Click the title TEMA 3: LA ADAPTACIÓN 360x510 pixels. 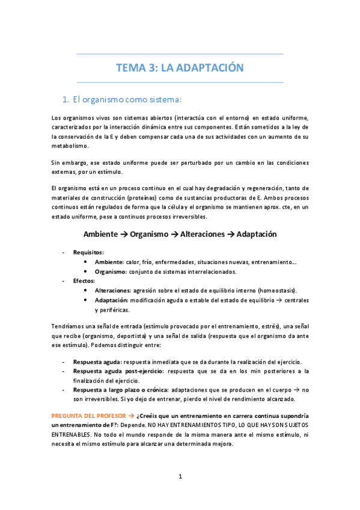(180, 68)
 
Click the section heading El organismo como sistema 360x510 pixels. (126, 99)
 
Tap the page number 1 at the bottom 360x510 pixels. (180, 476)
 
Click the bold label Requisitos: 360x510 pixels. (88, 252)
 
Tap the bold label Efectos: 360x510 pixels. (84, 281)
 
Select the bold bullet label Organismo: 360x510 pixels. (110, 271)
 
